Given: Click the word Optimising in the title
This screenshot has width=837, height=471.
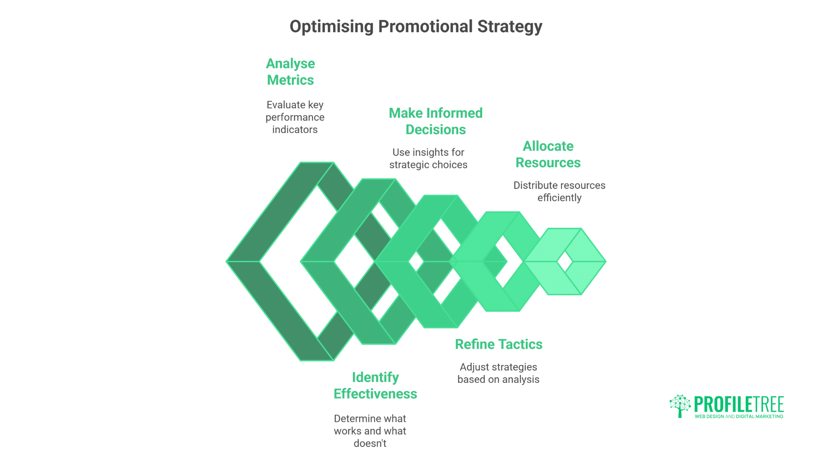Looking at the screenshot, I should coord(332,27).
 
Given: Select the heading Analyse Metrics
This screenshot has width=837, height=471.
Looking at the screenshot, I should coord(290,72).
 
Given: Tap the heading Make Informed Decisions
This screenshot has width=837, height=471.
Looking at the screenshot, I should coord(436,121).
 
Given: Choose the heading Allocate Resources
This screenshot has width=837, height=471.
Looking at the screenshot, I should coord(548,154).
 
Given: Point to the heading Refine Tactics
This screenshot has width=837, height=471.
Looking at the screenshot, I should coord(499,345).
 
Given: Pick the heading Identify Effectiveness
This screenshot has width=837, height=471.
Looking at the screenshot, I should coord(375,386).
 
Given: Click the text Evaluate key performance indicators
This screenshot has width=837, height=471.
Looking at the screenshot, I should coord(295,117).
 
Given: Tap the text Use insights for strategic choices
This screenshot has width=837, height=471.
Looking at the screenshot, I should coord(428,158).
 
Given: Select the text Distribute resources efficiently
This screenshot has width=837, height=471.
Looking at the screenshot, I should coord(559,191).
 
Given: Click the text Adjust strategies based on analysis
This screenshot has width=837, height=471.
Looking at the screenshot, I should coord(498,373).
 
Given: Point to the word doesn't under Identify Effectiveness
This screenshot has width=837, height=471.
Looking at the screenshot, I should coord(370,444).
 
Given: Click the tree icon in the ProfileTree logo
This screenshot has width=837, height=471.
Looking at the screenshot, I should coord(680,406).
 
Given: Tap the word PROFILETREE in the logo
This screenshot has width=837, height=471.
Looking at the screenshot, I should coord(739,405).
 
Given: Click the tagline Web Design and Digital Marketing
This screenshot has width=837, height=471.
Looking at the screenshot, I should coord(739,416).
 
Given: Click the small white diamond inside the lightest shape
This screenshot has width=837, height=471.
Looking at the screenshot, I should coord(565,262).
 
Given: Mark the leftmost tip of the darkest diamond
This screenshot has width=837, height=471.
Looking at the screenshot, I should coord(227,262).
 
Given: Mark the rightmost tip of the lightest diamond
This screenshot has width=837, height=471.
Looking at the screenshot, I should coord(605,262).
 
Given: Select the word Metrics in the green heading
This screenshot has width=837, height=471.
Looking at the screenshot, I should coord(290,80).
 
